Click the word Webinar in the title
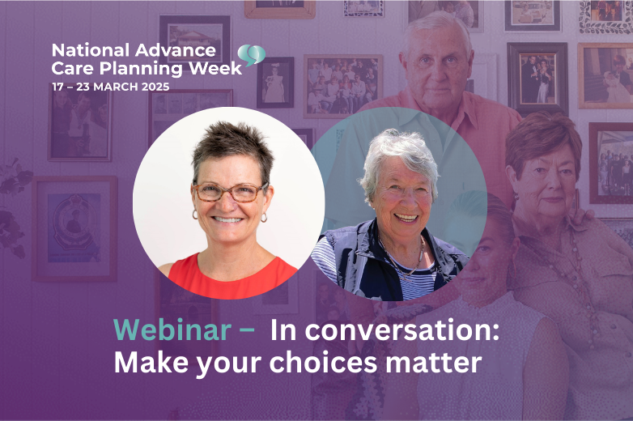pos(172,330)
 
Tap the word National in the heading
pos(91,50)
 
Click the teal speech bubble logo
pos(251,55)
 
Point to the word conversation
pos(384,330)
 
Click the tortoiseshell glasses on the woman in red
pos(230,192)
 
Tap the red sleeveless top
pos(232,279)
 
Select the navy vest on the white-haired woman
pos(372,262)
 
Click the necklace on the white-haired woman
pos(404,262)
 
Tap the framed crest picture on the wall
pos(74,228)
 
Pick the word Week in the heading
pos(215,68)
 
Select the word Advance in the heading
pos(175,50)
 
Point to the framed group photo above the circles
pos(343,86)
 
